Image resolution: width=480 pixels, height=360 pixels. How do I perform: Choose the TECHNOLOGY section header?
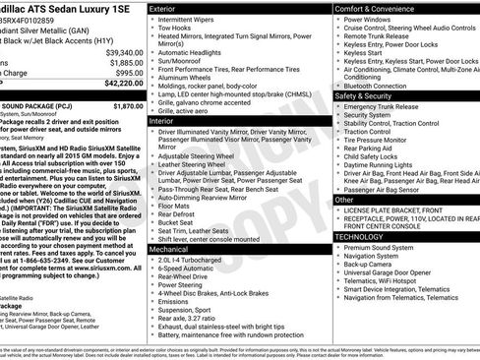click(x=365, y=237)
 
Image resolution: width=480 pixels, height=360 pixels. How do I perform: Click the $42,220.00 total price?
click(x=118, y=85)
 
